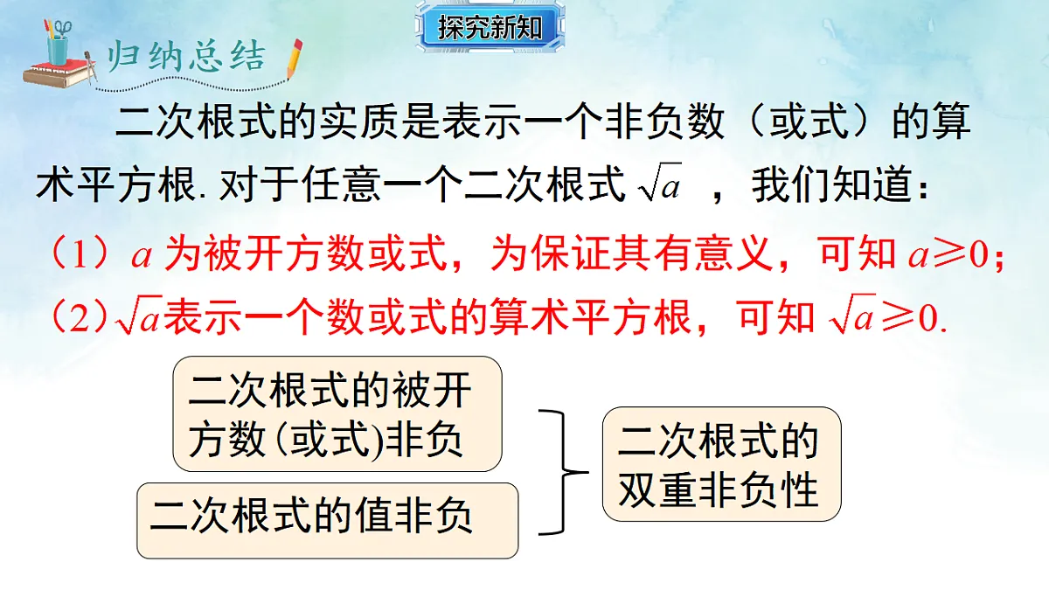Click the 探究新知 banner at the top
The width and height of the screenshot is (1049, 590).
pyautogui.click(x=490, y=28)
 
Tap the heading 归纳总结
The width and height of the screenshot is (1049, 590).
pyautogui.click(x=184, y=57)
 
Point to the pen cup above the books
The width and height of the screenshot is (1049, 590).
pyautogui.click(x=59, y=40)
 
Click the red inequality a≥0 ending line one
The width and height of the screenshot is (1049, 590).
pyautogui.click(x=948, y=255)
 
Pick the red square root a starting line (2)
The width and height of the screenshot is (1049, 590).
pyautogui.click(x=137, y=318)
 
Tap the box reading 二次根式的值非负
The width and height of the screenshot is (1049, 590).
pyautogui.click(x=328, y=520)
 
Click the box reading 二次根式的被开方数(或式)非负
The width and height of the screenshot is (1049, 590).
pyautogui.click(x=337, y=413)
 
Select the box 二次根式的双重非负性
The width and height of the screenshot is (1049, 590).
pyautogui.click(x=720, y=464)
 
